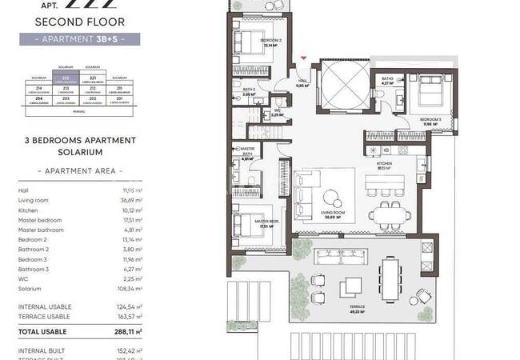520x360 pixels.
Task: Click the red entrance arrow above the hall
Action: coord(302,57)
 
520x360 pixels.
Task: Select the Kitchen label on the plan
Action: coord(384,166)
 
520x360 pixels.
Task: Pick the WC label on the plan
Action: coord(276,113)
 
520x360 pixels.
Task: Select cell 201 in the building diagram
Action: coord(119,98)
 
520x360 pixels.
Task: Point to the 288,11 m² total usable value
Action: coord(127,331)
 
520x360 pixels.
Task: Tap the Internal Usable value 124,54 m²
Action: coord(128,306)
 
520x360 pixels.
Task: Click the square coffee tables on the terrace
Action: coord(350,286)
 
